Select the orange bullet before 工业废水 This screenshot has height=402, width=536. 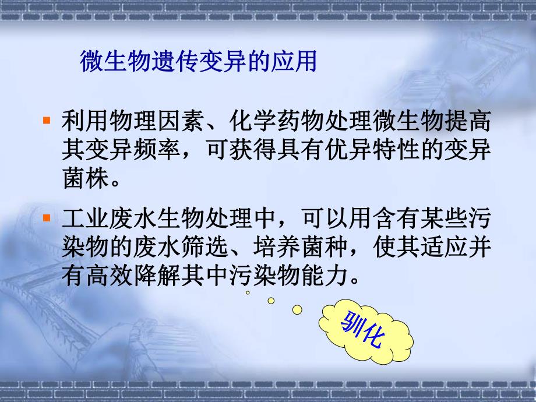47,219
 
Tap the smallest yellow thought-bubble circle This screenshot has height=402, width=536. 248,293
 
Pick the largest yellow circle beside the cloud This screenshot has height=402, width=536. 297,309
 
